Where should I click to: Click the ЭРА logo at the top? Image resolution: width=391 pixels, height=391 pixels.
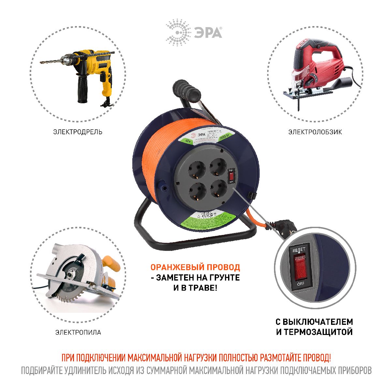click(194, 32)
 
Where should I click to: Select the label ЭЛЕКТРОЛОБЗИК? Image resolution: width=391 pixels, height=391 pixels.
click(315, 132)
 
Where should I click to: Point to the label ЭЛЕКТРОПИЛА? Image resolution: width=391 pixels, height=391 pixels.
click(78, 332)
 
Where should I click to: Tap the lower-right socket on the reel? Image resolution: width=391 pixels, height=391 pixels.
click(218, 191)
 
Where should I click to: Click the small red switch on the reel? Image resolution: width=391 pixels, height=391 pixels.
click(231, 176)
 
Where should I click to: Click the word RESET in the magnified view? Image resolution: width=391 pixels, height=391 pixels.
click(299, 250)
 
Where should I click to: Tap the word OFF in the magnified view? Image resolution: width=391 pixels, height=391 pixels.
click(300, 284)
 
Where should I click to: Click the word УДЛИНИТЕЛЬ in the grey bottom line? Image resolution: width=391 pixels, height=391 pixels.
click(88, 371)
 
